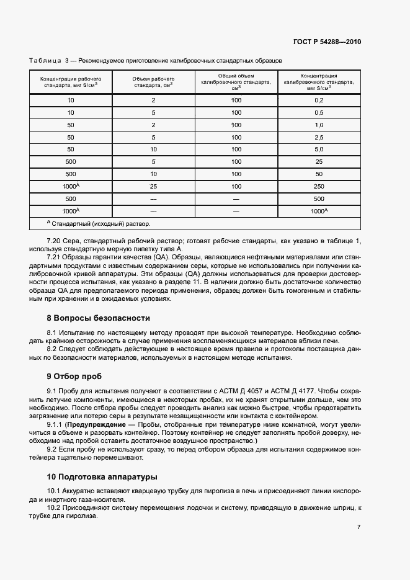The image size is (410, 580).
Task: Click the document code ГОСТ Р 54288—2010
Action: [x=327, y=42]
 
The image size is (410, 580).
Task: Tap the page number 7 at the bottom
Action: [x=359, y=527]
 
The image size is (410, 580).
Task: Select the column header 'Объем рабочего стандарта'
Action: [x=153, y=83]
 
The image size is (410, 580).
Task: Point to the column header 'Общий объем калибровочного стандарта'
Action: [x=236, y=82]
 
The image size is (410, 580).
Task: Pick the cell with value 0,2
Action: [x=319, y=100]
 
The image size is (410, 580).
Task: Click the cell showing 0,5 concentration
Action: [x=319, y=112]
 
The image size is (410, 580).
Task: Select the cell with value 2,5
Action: [x=319, y=137]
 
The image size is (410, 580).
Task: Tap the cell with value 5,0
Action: [x=319, y=149]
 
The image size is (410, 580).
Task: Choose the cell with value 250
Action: [x=319, y=186]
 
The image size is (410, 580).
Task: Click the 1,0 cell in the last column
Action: [x=319, y=125]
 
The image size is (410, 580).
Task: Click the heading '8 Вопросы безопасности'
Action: [x=99, y=318]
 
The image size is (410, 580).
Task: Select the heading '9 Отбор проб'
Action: [x=74, y=376]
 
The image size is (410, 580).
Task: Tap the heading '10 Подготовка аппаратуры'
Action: [x=102, y=477]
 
